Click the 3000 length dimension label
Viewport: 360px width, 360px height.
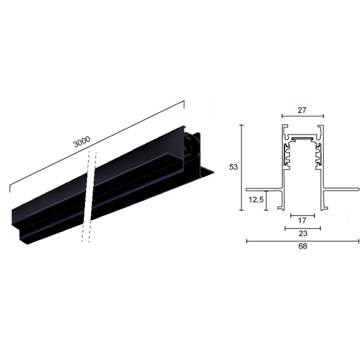tap(82, 141)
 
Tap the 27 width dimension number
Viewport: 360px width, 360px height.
tap(302, 111)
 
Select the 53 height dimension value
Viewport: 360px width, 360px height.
tap(233, 167)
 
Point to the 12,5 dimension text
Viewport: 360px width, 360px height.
tap(256, 200)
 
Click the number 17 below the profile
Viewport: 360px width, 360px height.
tap(302, 221)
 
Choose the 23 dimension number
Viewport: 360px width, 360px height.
tap(303, 234)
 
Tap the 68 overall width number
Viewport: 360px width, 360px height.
tap(303, 246)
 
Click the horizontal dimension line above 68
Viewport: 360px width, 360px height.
tap(303, 241)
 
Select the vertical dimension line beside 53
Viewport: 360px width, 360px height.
tap(241, 167)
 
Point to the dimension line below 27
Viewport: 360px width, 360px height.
tap(303, 116)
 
